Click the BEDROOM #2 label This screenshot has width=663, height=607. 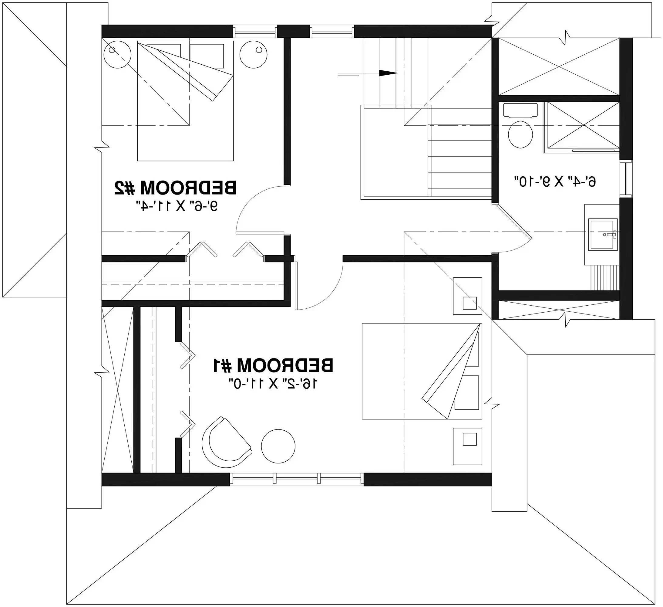[x=175, y=188]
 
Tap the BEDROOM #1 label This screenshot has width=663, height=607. [x=273, y=365]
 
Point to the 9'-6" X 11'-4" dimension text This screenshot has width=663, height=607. [x=177, y=207]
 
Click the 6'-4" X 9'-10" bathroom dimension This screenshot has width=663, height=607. [x=555, y=182]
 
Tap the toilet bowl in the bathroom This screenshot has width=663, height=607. [x=520, y=134]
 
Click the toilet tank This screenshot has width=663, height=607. [x=520, y=110]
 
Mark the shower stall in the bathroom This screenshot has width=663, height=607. [x=581, y=127]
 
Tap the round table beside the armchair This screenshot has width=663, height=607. [x=278, y=446]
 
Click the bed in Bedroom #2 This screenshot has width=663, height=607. [x=185, y=101]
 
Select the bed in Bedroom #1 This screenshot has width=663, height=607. [x=422, y=371]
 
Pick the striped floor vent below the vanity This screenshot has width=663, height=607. [x=605, y=277]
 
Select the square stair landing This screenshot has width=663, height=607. [x=395, y=151]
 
